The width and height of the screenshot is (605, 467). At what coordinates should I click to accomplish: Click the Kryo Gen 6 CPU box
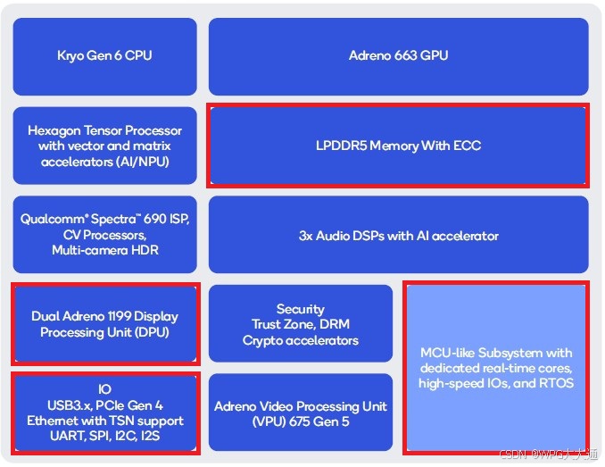click(x=104, y=55)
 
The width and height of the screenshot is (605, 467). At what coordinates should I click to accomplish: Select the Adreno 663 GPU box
click(x=398, y=55)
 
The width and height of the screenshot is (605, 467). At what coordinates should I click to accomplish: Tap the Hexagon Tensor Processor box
click(x=104, y=146)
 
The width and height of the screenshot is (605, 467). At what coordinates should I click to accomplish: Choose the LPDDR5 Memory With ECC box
click(x=398, y=146)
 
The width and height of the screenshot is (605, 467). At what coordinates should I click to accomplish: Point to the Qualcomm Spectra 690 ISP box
click(x=104, y=234)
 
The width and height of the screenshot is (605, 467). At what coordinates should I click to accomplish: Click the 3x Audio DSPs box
click(x=398, y=236)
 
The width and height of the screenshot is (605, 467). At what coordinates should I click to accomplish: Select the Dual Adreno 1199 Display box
click(x=104, y=324)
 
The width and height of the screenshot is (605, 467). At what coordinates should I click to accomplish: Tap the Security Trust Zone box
click(x=301, y=324)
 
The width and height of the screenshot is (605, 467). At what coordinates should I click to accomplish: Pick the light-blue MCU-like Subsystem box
click(x=496, y=368)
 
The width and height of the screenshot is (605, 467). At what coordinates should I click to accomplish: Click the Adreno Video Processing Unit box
click(x=301, y=413)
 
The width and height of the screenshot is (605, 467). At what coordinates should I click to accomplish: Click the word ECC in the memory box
click(x=468, y=146)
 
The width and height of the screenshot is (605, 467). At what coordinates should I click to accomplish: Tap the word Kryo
click(x=72, y=55)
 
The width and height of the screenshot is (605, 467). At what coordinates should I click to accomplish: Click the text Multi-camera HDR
click(x=104, y=250)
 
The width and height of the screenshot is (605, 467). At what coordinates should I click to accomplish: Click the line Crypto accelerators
click(x=301, y=340)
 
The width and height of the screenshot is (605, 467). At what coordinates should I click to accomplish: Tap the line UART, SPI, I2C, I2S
click(x=104, y=437)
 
